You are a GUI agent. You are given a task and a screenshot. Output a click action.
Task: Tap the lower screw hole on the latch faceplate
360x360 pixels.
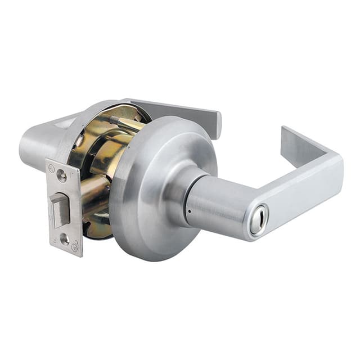tap(65, 238)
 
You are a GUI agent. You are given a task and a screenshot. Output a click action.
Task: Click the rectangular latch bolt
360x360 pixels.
tap(58, 209)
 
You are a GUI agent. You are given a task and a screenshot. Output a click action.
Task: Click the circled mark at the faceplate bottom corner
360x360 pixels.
tap(74, 247)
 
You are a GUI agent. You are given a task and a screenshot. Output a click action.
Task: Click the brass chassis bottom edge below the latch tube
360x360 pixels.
tap(98, 228)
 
